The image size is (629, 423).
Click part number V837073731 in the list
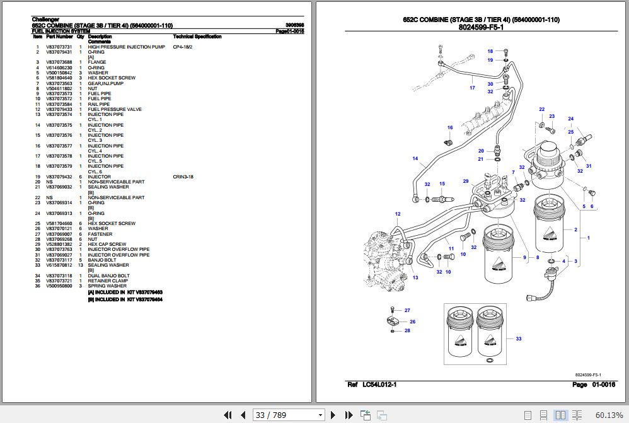tap(59, 47)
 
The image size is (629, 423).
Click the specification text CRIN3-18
tap(183, 177)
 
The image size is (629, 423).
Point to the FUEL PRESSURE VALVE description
tap(115, 109)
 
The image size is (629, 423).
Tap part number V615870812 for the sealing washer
tap(59, 265)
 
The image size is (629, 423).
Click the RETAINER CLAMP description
tap(108, 281)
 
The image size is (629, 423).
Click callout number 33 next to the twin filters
tap(519, 339)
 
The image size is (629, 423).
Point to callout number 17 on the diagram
tap(472, 88)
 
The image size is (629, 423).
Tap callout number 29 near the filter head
tap(466, 182)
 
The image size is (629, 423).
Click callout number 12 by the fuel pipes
tap(398, 214)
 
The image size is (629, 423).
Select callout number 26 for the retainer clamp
tap(413, 322)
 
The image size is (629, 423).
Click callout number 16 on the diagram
tap(450, 128)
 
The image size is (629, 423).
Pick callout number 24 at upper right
tap(571, 119)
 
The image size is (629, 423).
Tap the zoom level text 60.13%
tap(608, 415)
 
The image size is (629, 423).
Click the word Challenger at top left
tap(45, 19)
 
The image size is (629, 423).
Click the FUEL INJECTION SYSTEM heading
tap(61, 31)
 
